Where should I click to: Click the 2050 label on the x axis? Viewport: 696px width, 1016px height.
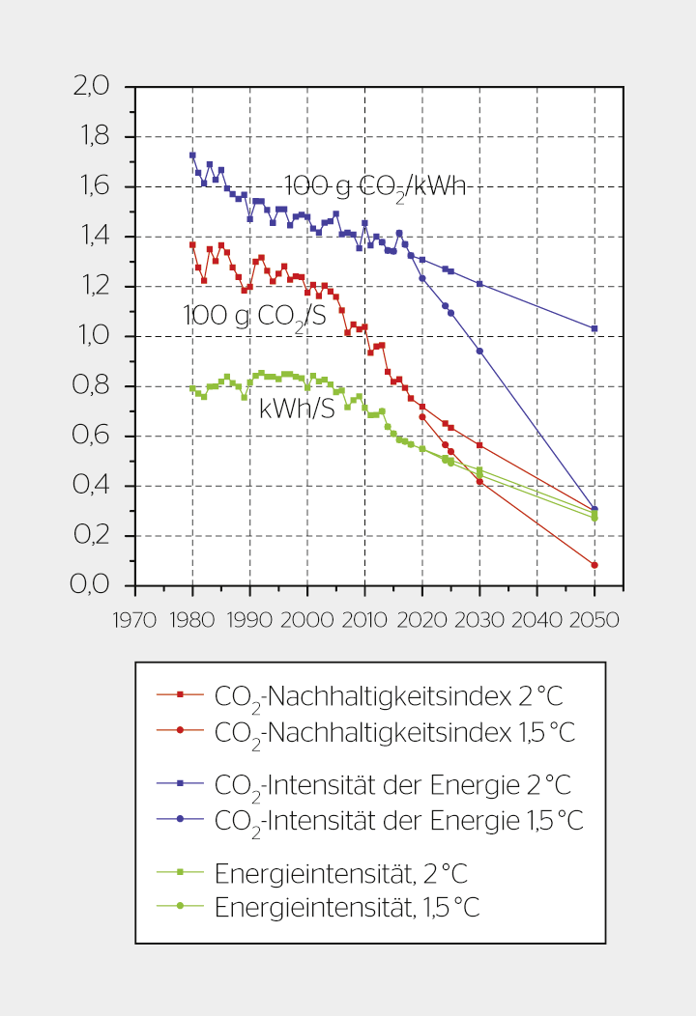tap(594, 619)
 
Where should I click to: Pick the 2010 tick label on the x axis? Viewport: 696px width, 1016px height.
tap(364, 619)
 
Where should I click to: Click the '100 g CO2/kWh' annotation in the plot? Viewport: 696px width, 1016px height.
tap(375, 186)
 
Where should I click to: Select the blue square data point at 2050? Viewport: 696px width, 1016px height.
tap(594, 328)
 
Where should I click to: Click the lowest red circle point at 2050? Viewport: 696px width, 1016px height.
tap(594, 565)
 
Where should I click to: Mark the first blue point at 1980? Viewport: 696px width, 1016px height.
tap(192, 155)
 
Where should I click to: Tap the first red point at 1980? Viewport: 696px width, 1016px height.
tap(192, 245)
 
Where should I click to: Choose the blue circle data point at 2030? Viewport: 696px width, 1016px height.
tap(479, 351)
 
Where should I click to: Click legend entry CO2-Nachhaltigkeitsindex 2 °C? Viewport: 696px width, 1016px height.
tap(387, 696)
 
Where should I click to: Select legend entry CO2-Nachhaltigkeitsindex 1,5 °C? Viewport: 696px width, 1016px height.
tap(393, 732)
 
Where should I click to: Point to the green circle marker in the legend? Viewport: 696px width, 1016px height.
tap(180, 906)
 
